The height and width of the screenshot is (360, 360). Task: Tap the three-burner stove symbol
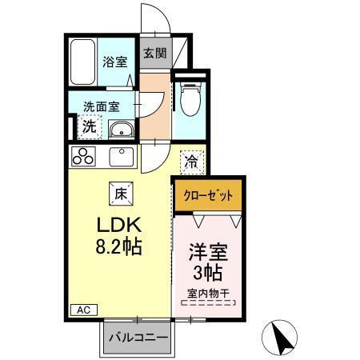[x=84, y=155]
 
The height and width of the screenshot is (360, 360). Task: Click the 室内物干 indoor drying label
[x=208, y=294]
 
